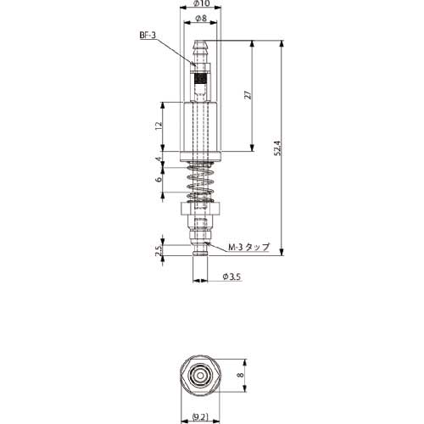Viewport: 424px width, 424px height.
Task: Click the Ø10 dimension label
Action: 202,3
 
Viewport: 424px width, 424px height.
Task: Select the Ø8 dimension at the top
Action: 201,19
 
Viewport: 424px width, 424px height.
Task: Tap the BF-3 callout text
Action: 148,36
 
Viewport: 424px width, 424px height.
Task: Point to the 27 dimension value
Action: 248,95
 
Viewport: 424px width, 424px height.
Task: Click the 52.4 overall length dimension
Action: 278,148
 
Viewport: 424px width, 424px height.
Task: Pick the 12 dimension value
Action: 159,126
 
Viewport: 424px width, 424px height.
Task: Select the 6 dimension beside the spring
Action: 159,179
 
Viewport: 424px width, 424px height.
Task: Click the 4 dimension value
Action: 159,159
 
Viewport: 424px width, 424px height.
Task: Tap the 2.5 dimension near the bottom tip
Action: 159,250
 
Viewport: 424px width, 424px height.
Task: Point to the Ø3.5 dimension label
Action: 232,276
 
